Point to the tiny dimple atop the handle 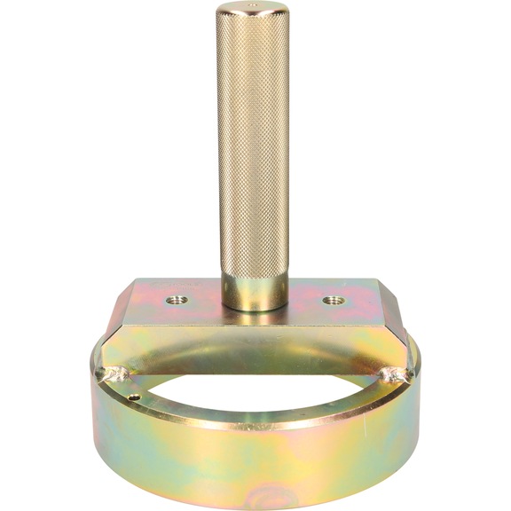254,7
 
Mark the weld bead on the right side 394,375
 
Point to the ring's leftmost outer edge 90,399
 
